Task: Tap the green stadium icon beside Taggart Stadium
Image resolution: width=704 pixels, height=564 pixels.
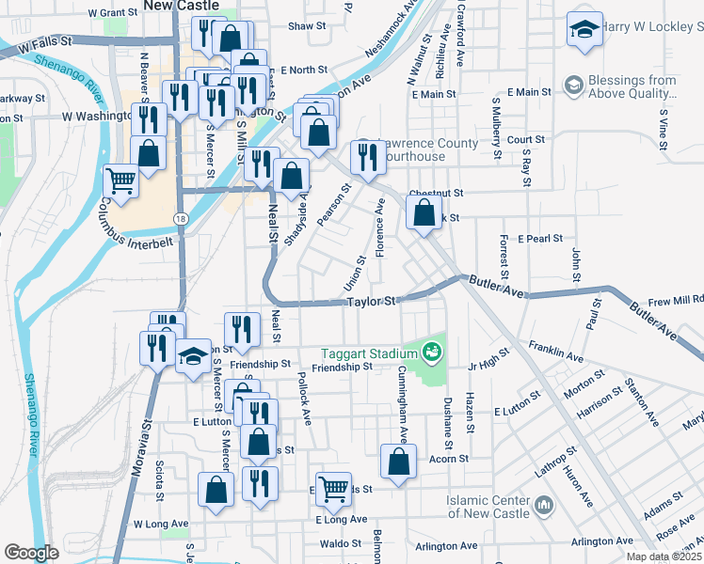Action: [432, 352]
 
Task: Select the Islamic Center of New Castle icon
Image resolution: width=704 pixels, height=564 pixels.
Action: [544, 507]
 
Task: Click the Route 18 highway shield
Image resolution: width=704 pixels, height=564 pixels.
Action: [179, 218]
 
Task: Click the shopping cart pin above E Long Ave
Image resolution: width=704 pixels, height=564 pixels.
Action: [333, 487]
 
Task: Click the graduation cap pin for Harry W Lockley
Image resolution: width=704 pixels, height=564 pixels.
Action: [584, 30]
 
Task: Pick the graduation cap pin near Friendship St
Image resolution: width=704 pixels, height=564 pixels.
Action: [193, 356]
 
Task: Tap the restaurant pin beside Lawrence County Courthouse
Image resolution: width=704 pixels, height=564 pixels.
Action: [366, 156]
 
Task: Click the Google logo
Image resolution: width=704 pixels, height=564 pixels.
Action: [32, 553]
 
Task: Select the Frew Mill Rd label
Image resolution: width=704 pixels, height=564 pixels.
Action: [676, 301]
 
